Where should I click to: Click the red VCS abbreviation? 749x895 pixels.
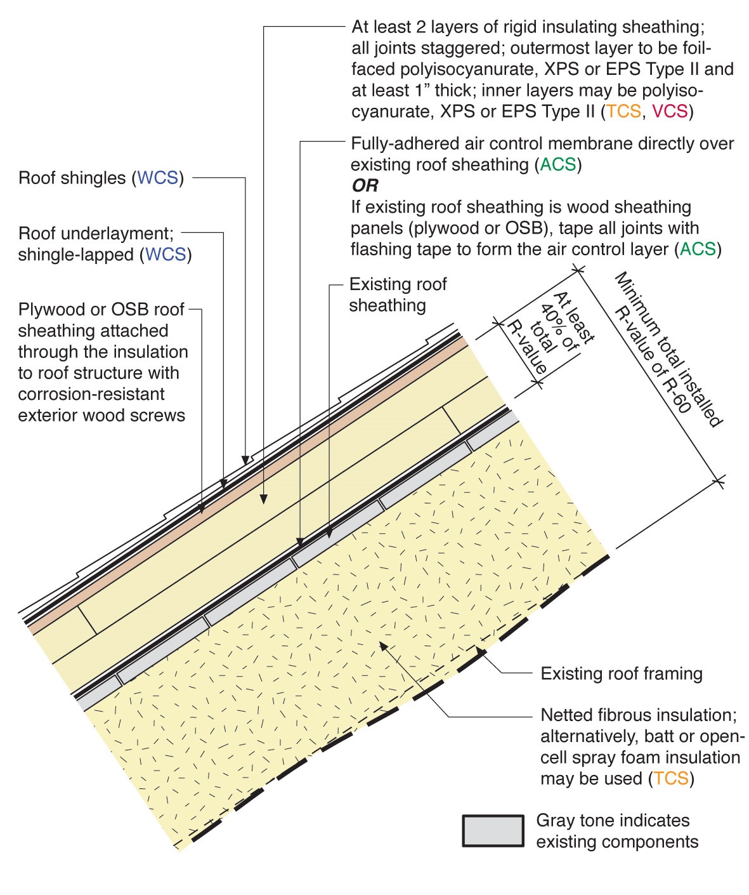(x=670, y=112)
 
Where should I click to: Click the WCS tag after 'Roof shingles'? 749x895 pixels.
(x=158, y=178)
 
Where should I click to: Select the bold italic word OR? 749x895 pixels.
(x=365, y=186)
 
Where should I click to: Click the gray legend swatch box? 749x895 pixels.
(x=493, y=831)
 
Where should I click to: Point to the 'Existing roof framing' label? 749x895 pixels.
(x=621, y=674)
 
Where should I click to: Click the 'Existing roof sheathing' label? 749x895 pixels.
(x=398, y=295)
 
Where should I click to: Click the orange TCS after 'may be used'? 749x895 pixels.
(x=671, y=779)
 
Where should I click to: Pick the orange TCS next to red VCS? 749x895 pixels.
(x=623, y=112)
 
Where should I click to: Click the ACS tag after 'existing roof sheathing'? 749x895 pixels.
(x=558, y=165)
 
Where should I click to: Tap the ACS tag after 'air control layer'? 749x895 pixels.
(x=698, y=249)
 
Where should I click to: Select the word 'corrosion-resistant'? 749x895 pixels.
(x=91, y=394)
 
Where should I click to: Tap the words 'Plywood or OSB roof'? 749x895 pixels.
(x=101, y=310)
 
